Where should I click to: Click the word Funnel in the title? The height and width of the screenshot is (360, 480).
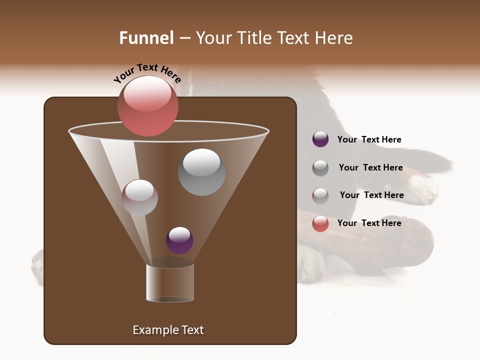tap(146, 38)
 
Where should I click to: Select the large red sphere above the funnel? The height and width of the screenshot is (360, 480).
tap(148, 106)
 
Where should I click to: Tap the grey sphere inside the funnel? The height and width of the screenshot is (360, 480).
tap(201, 172)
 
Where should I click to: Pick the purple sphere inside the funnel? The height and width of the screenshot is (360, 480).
tap(179, 240)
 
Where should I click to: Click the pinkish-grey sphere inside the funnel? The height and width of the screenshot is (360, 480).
tap(139, 197)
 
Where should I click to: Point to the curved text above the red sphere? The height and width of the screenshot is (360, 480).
tap(147, 72)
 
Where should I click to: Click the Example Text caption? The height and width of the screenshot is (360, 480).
tap(168, 330)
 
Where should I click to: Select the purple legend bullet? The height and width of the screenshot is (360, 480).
tap(320, 139)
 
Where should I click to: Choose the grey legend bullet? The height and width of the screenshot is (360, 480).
tap(320, 167)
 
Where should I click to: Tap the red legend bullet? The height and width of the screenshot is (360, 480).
tap(320, 223)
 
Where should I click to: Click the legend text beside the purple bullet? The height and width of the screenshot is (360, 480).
tap(369, 139)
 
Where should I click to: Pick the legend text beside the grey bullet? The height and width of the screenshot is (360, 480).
tap(370, 167)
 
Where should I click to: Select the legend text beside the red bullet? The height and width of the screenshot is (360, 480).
tap(369, 223)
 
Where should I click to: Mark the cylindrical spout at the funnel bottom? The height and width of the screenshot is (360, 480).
tap(170, 283)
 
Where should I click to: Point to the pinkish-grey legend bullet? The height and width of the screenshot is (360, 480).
tap(320, 195)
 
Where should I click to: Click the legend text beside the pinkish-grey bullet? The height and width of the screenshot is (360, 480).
tap(371, 195)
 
